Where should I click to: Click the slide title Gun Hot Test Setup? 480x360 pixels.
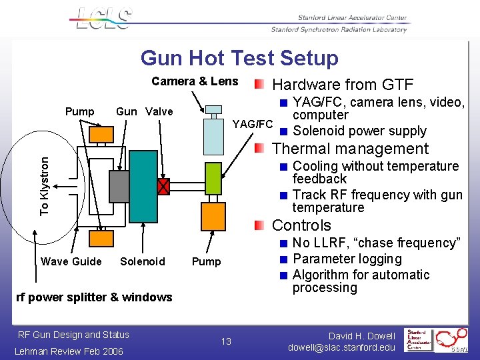coord(239,58)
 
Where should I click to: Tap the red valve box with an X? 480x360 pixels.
coord(163,187)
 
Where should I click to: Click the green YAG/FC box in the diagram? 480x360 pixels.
coord(213,179)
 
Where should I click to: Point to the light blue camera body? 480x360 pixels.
coord(213,136)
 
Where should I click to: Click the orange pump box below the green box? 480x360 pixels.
coord(213,216)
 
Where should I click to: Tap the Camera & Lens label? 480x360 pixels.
coord(195,81)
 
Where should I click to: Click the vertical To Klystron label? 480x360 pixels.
coord(45,185)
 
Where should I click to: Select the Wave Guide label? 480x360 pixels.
coord(71,261)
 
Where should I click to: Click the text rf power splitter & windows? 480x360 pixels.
coord(93,297)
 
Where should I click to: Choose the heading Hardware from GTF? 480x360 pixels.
coord(343,85)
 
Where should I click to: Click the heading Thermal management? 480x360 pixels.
coord(350,149)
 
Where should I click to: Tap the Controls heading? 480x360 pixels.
coord(301,225)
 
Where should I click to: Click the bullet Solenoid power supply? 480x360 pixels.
coord(359,131)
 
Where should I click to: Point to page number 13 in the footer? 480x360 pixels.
coord(226,341)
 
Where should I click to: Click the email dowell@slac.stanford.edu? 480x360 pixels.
coord(341,347)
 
